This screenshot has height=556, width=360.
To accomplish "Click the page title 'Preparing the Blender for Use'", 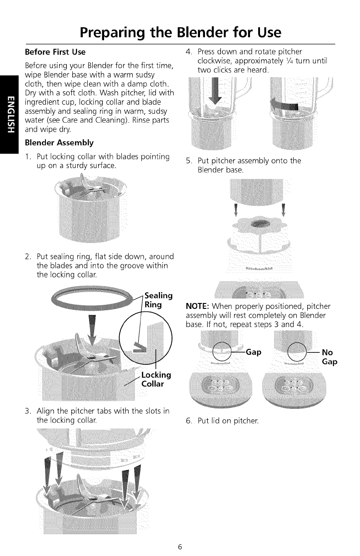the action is [x=180, y=33].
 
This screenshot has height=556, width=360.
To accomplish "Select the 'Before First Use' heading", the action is [x=55, y=52].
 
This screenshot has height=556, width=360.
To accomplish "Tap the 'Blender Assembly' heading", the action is [x=59, y=143].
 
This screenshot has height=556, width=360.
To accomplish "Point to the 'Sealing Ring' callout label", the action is [x=159, y=300].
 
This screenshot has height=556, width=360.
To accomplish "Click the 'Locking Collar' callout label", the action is [x=156, y=379].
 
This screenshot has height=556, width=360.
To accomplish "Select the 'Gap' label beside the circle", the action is [x=254, y=352].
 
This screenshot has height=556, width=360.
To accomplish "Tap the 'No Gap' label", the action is [x=330, y=357].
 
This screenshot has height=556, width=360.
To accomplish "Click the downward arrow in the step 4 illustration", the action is [x=215, y=91].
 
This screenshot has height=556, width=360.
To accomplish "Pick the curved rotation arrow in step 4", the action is [x=284, y=105].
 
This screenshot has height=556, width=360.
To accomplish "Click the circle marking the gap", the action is [x=222, y=352].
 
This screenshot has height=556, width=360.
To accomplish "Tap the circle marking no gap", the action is [x=297, y=352].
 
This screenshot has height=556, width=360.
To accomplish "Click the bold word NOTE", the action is [x=197, y=306].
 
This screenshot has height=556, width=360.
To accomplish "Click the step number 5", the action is [x=189, y=161].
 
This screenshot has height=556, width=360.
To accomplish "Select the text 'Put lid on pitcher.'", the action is [x=228, y=421].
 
